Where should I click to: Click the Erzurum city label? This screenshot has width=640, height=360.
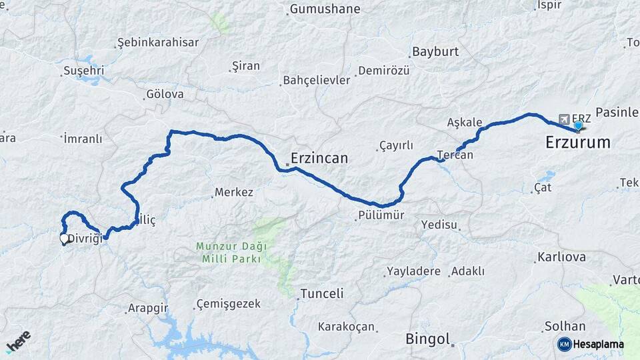pos(577,142)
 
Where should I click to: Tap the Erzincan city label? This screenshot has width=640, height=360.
pos(319,159)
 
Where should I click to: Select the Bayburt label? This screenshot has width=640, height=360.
pos(435,51)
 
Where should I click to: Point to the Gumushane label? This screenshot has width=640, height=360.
pos(324,9)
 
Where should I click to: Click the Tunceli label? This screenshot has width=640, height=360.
pos(322,293)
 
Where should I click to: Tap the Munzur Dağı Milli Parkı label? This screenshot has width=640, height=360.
pos(231,253)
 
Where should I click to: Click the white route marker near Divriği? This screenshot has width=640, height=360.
pos(65,238)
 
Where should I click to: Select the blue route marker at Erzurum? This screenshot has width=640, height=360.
pos(578,125)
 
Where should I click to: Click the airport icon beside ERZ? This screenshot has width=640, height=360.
pos(565,118)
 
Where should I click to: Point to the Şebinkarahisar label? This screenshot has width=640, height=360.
pos(158,43)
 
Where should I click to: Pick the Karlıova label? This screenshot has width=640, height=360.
pos(561,257)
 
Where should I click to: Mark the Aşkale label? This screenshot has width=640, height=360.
pos(464,122)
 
